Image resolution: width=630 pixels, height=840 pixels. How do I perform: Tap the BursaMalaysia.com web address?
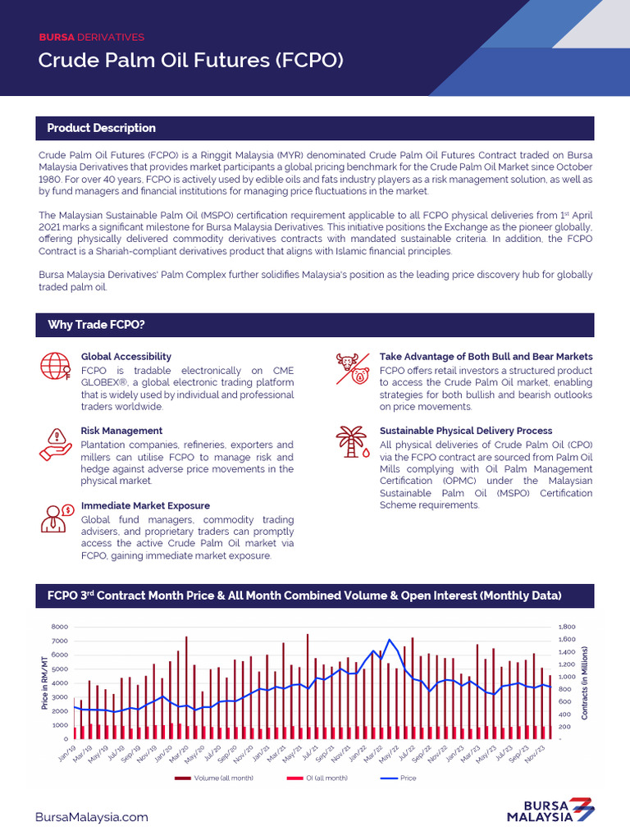coord(93,817)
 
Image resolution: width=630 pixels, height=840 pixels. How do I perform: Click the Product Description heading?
coord(101,128)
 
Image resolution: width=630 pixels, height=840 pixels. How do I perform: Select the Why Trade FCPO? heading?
coord(96,325)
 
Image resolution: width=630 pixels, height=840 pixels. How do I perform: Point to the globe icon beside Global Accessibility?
coord(55,367)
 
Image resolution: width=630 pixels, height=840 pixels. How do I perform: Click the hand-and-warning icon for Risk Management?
coord(56,444)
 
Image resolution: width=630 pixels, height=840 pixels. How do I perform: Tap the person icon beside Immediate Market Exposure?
coord(56,518)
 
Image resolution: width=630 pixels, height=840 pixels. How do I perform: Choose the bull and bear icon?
coord(353,369)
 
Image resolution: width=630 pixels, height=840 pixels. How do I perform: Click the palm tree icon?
coord(353,442)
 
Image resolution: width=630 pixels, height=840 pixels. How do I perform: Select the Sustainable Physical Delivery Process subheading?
coord(465,431)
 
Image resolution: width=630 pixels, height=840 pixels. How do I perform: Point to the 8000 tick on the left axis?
coord(59,627)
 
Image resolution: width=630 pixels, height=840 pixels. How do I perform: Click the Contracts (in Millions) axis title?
coord(585,682)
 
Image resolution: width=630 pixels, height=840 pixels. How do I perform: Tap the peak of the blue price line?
coord(389,640)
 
